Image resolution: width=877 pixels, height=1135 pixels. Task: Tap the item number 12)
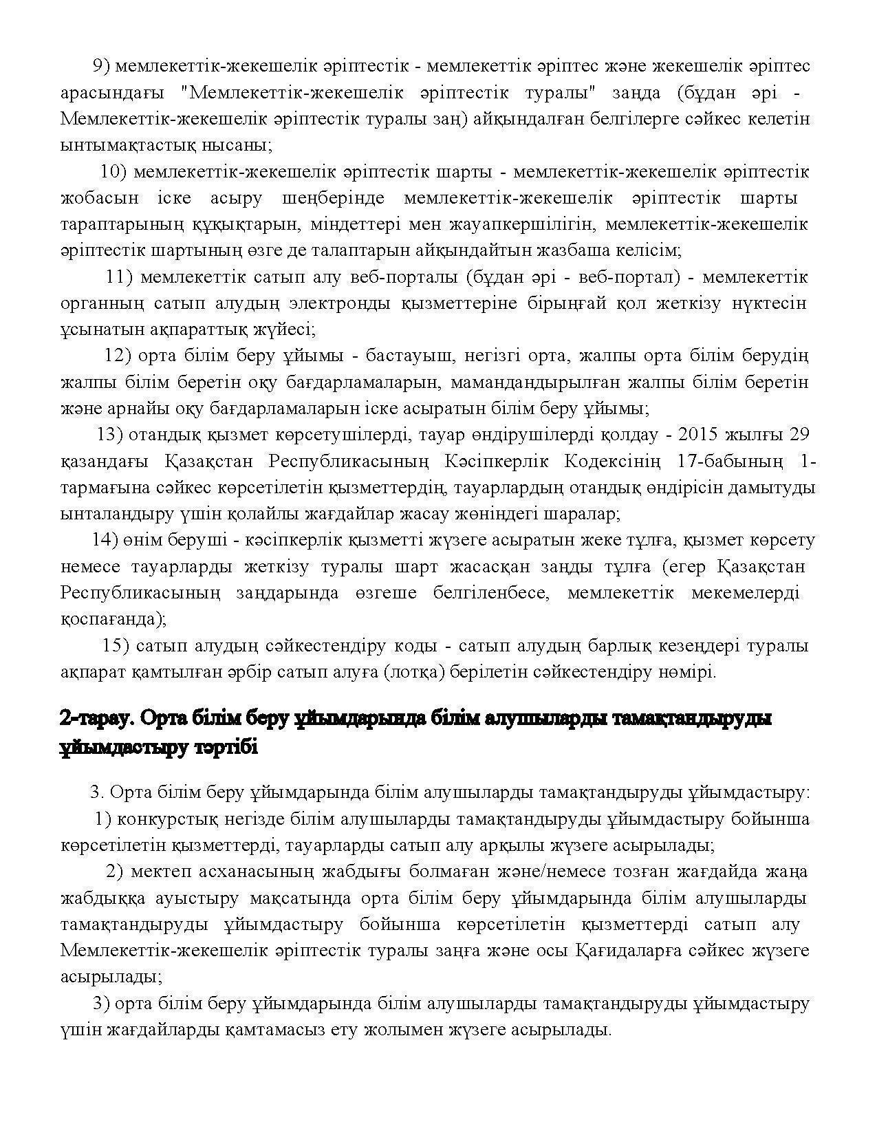tap(116, 356)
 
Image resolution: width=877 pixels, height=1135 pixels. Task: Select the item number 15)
tap(115, 646)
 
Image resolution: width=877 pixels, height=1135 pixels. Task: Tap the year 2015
tap(700, 435)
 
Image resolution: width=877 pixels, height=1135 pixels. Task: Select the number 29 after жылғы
tap(799, 435)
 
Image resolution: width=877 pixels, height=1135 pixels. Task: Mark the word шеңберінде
tap(333, 199)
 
